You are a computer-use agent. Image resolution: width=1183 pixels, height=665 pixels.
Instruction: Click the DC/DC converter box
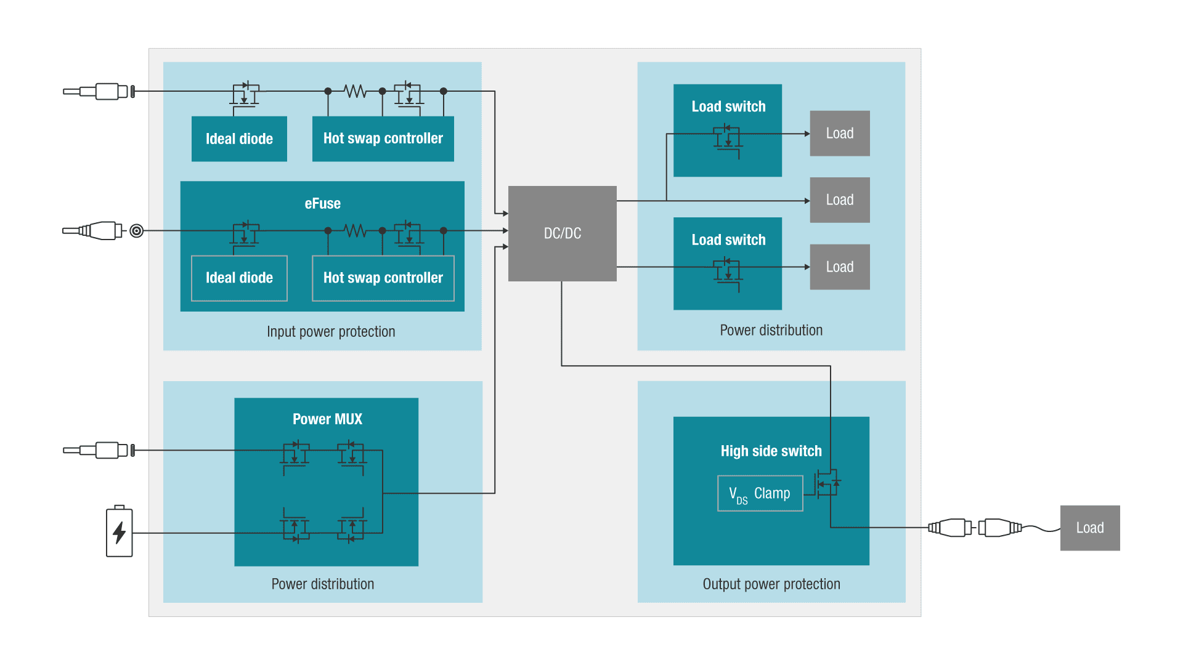562,233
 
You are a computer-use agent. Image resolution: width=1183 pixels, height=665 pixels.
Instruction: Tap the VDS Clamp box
760,493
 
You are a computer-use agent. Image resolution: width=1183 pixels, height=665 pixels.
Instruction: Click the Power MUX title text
327,419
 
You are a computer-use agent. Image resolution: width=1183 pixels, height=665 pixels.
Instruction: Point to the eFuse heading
322,204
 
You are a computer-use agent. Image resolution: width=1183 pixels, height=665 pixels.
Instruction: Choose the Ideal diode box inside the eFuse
239,278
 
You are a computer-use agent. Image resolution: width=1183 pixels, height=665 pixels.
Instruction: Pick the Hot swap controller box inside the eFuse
383,278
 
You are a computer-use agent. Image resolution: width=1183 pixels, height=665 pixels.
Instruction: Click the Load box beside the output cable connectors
1089,528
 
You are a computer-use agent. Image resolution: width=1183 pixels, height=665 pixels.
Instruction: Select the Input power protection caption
331,332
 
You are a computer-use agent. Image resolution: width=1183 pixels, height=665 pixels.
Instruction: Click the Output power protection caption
771,584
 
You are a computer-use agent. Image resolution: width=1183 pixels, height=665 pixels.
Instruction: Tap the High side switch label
771,451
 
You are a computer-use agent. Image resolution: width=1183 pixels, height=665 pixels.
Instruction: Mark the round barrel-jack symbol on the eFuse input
137,231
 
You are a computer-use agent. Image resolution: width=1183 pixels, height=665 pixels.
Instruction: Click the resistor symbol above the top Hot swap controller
355,91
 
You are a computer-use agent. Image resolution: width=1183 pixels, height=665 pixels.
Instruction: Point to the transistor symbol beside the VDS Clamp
827,483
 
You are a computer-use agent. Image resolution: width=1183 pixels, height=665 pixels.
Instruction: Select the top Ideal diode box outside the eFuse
239,139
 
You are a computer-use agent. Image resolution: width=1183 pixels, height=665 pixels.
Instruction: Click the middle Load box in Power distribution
839,200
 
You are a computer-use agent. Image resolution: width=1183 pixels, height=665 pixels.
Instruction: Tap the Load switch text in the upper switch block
728,107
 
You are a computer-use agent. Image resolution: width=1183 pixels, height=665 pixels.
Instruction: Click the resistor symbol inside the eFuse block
355,231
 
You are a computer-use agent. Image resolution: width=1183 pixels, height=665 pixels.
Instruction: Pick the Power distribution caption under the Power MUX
322,584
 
